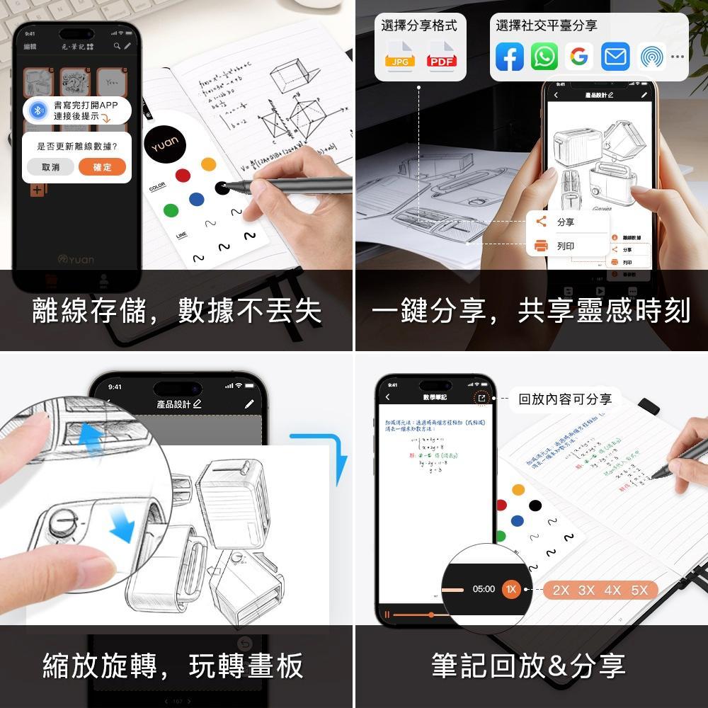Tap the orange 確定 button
pyautogui.click(x=103, y=167)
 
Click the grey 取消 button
pyautogui.click(x=50, y=167)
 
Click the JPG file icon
pyautogui.click(x=400, y=57)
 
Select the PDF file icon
pyautogui.click(x=442, y=57)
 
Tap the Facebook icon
pyautogui.click(x=509, y=57)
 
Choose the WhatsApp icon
pyautogui.click(x=544, y=57)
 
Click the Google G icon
pyautogui.click(x=579, y=57)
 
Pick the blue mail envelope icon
pyautogui.click(x=615, y=57)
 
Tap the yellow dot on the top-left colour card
pyautogui.click(x=208, y=164)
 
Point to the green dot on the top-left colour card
pyautogui.click(x=171, y=210)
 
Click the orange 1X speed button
pyautogui.click(x=511, y=589)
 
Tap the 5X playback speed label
pyautogui.click(x=639, y=590)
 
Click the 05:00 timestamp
pyautogui.click(x=484, y=589)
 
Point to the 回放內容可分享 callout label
pyautogui.click(x=564, y=399)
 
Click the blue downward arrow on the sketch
pyautogui.click(x=122, y=525)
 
